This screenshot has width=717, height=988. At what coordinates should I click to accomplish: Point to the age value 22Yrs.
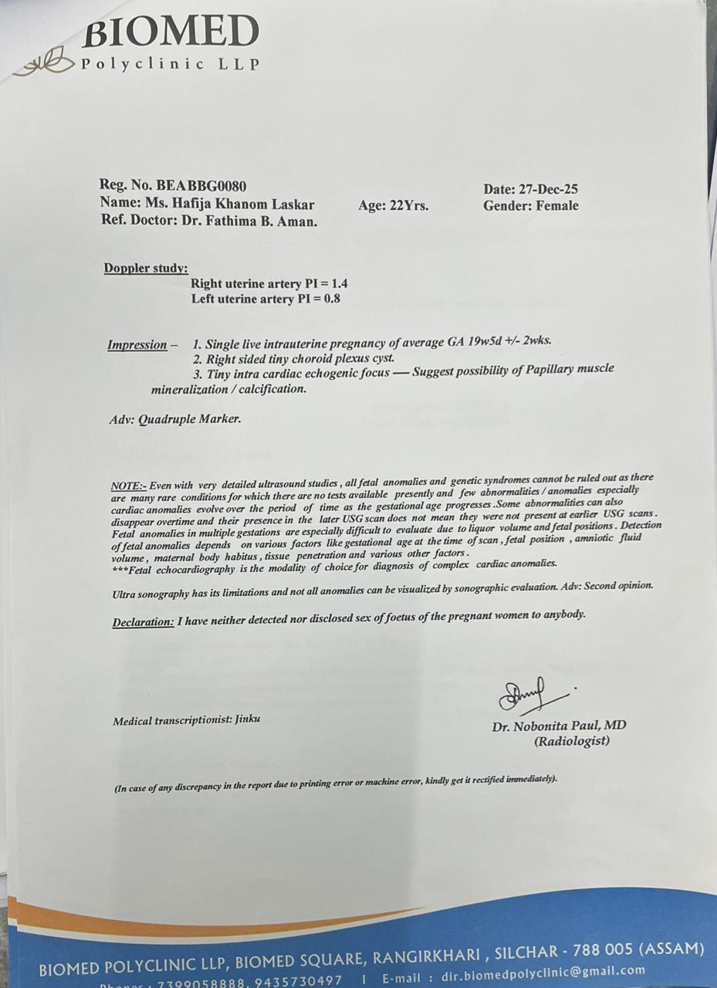(x=410, y=206)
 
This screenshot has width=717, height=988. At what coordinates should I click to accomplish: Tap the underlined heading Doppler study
(x=146, y=269)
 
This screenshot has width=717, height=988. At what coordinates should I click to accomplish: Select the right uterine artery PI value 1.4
(x=339, y=284)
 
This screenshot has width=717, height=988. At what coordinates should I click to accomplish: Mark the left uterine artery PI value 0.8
(x=331, y=299)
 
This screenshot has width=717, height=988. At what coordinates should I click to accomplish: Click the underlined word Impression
(x=137, y=345)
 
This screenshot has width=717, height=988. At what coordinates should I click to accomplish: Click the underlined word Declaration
(x=144, y=622)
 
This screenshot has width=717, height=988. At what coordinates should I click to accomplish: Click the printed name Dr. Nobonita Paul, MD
(x=559, y=726)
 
